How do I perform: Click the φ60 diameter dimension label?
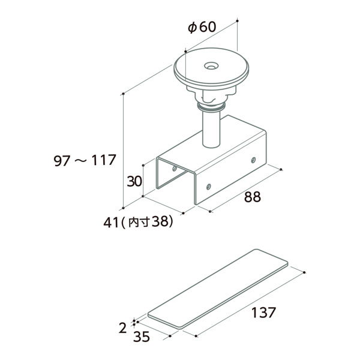[202, 27]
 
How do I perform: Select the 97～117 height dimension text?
[85, 160]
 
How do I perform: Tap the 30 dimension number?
[134, 181]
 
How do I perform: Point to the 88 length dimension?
[253, 197]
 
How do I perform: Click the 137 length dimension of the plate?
[263, 312]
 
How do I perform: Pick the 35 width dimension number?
[142, 337]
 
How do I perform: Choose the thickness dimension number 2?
[123, 328]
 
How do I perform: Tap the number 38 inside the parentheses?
[160, 222]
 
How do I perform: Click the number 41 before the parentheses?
[111, 223]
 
